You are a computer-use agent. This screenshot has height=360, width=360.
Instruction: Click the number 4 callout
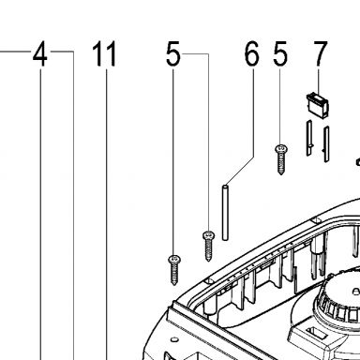point(40,54)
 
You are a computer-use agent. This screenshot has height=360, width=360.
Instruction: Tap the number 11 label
point(104,54)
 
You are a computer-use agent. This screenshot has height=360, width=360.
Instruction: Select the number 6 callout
point(251,54)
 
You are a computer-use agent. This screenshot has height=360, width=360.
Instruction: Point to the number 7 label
point(320,54)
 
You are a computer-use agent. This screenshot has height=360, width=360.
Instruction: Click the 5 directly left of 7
point(280,54)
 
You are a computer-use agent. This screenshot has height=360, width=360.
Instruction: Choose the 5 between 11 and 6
point(173,54)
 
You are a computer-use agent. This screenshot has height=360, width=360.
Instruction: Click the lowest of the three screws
point(174,270)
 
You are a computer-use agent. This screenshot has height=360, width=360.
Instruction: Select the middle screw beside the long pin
point(209,246)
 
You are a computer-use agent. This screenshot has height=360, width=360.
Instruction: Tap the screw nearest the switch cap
point(281,159)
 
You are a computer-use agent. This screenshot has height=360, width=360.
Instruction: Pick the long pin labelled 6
point(225,213)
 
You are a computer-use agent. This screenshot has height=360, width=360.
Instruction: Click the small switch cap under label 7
point(318,105)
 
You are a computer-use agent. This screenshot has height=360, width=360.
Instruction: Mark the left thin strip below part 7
point(309,138)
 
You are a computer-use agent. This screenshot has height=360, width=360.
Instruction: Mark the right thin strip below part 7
point(326,144)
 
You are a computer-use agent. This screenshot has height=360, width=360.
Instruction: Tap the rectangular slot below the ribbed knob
point(316,332)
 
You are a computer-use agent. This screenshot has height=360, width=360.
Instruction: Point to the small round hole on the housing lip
point(175,339)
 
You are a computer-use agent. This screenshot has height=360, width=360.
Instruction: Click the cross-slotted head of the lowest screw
point(174,260)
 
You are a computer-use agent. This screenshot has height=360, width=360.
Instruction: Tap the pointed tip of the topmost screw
point(281,173)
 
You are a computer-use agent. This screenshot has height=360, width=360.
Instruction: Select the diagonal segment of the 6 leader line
point(239,171)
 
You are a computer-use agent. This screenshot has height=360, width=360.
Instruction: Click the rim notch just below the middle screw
point(209,281)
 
